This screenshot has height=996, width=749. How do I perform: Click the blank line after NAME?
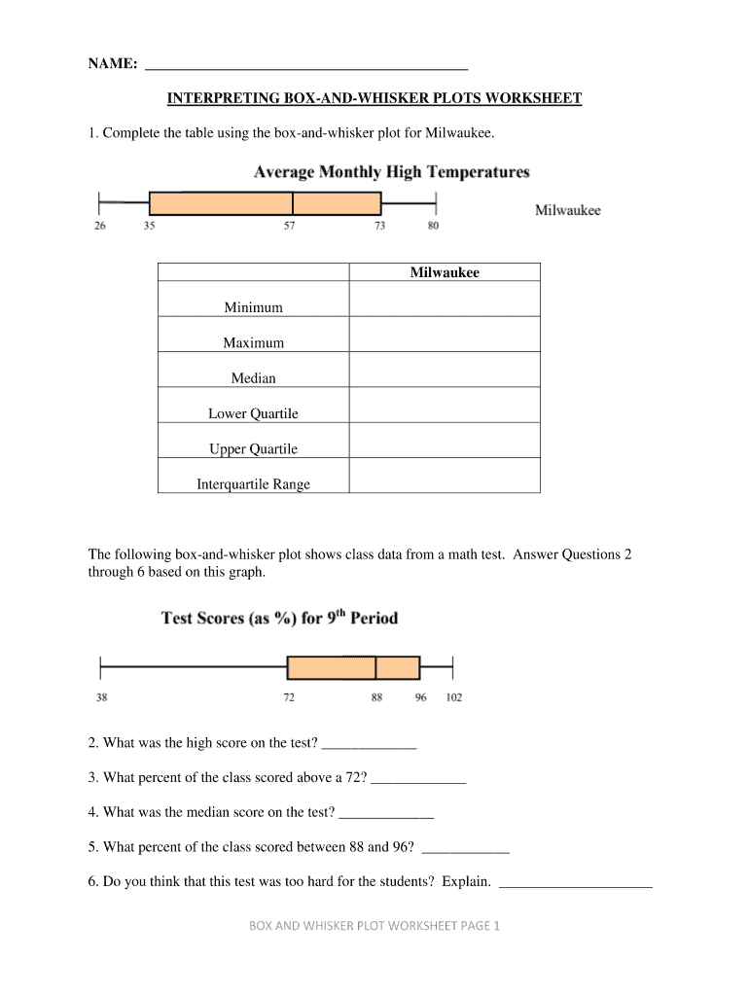(306, 64)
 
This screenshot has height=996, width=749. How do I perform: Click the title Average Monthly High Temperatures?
(391, 172)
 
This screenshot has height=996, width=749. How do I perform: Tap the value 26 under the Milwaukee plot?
(100, 226)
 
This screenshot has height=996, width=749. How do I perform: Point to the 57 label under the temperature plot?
(290, 226)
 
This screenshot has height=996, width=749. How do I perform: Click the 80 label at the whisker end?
(433, 226)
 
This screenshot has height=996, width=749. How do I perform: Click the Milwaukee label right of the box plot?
(568, 210)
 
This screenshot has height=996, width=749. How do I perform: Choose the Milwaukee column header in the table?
(444, 273)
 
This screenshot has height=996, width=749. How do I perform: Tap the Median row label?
(253, 378)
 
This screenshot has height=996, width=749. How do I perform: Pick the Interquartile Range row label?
(253, 484)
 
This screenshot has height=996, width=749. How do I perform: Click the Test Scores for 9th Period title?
(279, 618)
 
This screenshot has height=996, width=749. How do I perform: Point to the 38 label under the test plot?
(101, 697)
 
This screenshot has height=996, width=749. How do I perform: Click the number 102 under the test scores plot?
(454, 697)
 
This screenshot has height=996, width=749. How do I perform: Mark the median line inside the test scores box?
(376, 667)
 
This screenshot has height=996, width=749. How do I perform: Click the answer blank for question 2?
(369, 744)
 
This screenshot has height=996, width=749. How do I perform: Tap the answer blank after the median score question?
(385, 812)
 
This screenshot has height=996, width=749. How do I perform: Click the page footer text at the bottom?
(374, 926)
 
